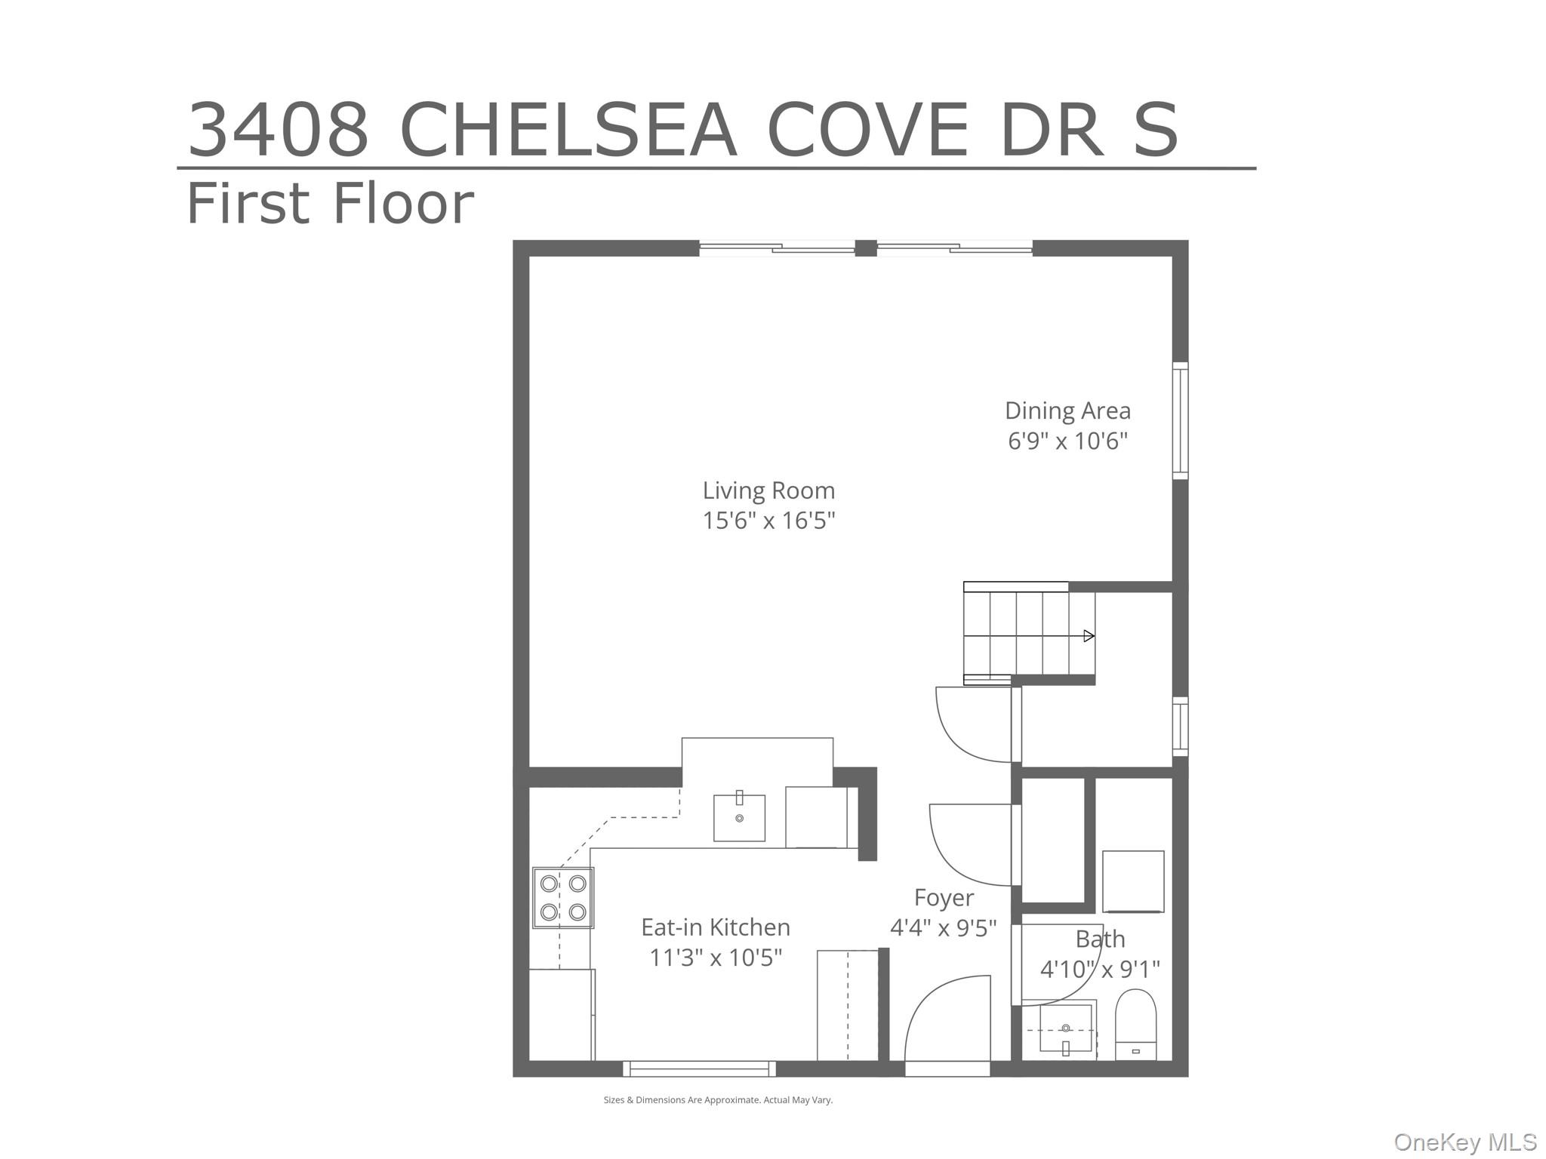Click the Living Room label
point(768,491)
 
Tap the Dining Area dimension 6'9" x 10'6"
point(1067,441)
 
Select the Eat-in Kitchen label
point(715,927)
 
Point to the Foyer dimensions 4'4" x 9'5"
point(943,928)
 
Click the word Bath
point(1100,939)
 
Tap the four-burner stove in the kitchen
point(563,898)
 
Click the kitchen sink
point(739,818)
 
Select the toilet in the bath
point(1135,1025)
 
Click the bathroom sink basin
point(1066,1028)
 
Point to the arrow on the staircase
point(1089,636)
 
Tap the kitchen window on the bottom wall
point(699,1068)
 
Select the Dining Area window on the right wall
point(1180,420)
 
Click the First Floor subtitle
point(330,204)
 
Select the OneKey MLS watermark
point(1464,1142)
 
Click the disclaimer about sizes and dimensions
point(718,1100)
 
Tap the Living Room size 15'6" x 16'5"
point(768,521)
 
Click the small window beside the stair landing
point(1180,727)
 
